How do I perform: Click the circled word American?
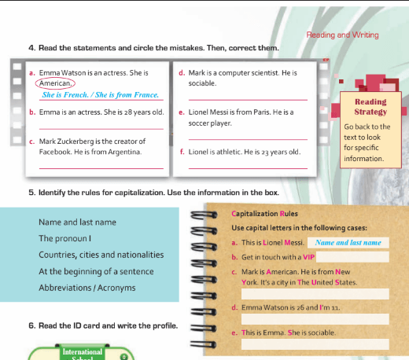click(x=55, y=83)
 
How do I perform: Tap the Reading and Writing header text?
click(x=342, y=35)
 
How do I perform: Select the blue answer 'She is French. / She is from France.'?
click(x=101, y=94)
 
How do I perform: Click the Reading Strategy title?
click(x=370, y=107)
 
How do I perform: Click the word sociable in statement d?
click(x=202, y=83)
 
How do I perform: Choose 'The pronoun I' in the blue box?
click(x=64, y=238)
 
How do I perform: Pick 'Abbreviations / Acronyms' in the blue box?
click(x=87, y=288)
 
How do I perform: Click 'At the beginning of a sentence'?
click(x=96, y=271)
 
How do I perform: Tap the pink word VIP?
click(x=308, y=257)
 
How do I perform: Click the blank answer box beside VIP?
click(x=352, y=257)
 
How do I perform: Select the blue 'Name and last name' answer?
click(x=348, y=243)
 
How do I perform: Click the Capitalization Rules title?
click(x=264, y=214)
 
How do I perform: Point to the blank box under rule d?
click(x=315, y=319)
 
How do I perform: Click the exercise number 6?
click(x=31, y=325)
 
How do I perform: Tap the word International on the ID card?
click(x=83, y=351)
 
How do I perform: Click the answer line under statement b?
click(x=101, y=129)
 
